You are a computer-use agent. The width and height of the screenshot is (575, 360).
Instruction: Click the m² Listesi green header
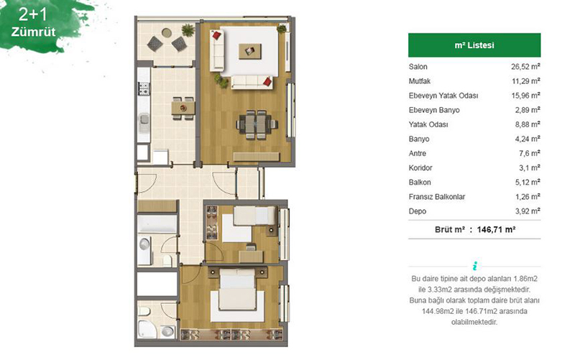474,45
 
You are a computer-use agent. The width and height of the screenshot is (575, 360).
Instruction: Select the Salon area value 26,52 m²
525,66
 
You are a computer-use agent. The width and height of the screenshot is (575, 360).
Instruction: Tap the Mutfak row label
420,81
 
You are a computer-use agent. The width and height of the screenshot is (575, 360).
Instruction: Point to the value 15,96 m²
526,96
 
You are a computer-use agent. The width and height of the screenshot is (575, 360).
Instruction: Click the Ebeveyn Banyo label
434,110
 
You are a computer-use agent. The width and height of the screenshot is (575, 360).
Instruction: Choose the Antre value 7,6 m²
530,153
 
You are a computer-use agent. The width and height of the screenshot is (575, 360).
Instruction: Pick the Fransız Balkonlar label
437,196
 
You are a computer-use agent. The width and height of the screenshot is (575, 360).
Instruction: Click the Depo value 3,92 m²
528,211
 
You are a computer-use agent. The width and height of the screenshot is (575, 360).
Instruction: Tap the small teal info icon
475,265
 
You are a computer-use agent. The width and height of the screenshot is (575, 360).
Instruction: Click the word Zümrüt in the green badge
33,32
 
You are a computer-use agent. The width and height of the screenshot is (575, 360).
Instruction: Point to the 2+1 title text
33,14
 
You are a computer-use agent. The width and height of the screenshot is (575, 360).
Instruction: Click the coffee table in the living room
250,51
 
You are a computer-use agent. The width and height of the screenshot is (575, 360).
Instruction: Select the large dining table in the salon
256,124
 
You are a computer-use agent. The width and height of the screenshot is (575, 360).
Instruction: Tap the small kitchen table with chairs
183,108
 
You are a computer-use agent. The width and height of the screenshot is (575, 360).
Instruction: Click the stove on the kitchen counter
144,89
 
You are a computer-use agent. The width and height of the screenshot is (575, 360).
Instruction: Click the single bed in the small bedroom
254,216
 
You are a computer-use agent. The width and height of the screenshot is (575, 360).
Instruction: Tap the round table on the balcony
167,33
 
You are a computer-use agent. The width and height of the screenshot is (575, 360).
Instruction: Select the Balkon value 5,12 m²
528,183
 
